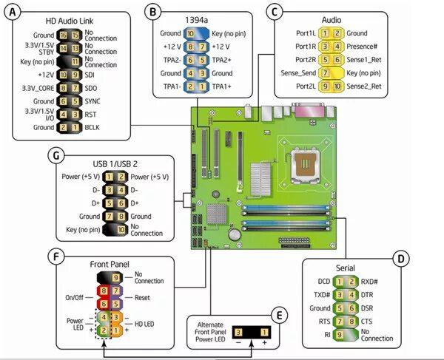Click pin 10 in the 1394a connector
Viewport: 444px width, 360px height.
point(191,33)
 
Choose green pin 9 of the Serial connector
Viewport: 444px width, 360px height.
point(339,334)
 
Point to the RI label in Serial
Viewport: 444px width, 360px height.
point(326,334)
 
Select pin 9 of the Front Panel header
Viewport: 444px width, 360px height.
point(115,276)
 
